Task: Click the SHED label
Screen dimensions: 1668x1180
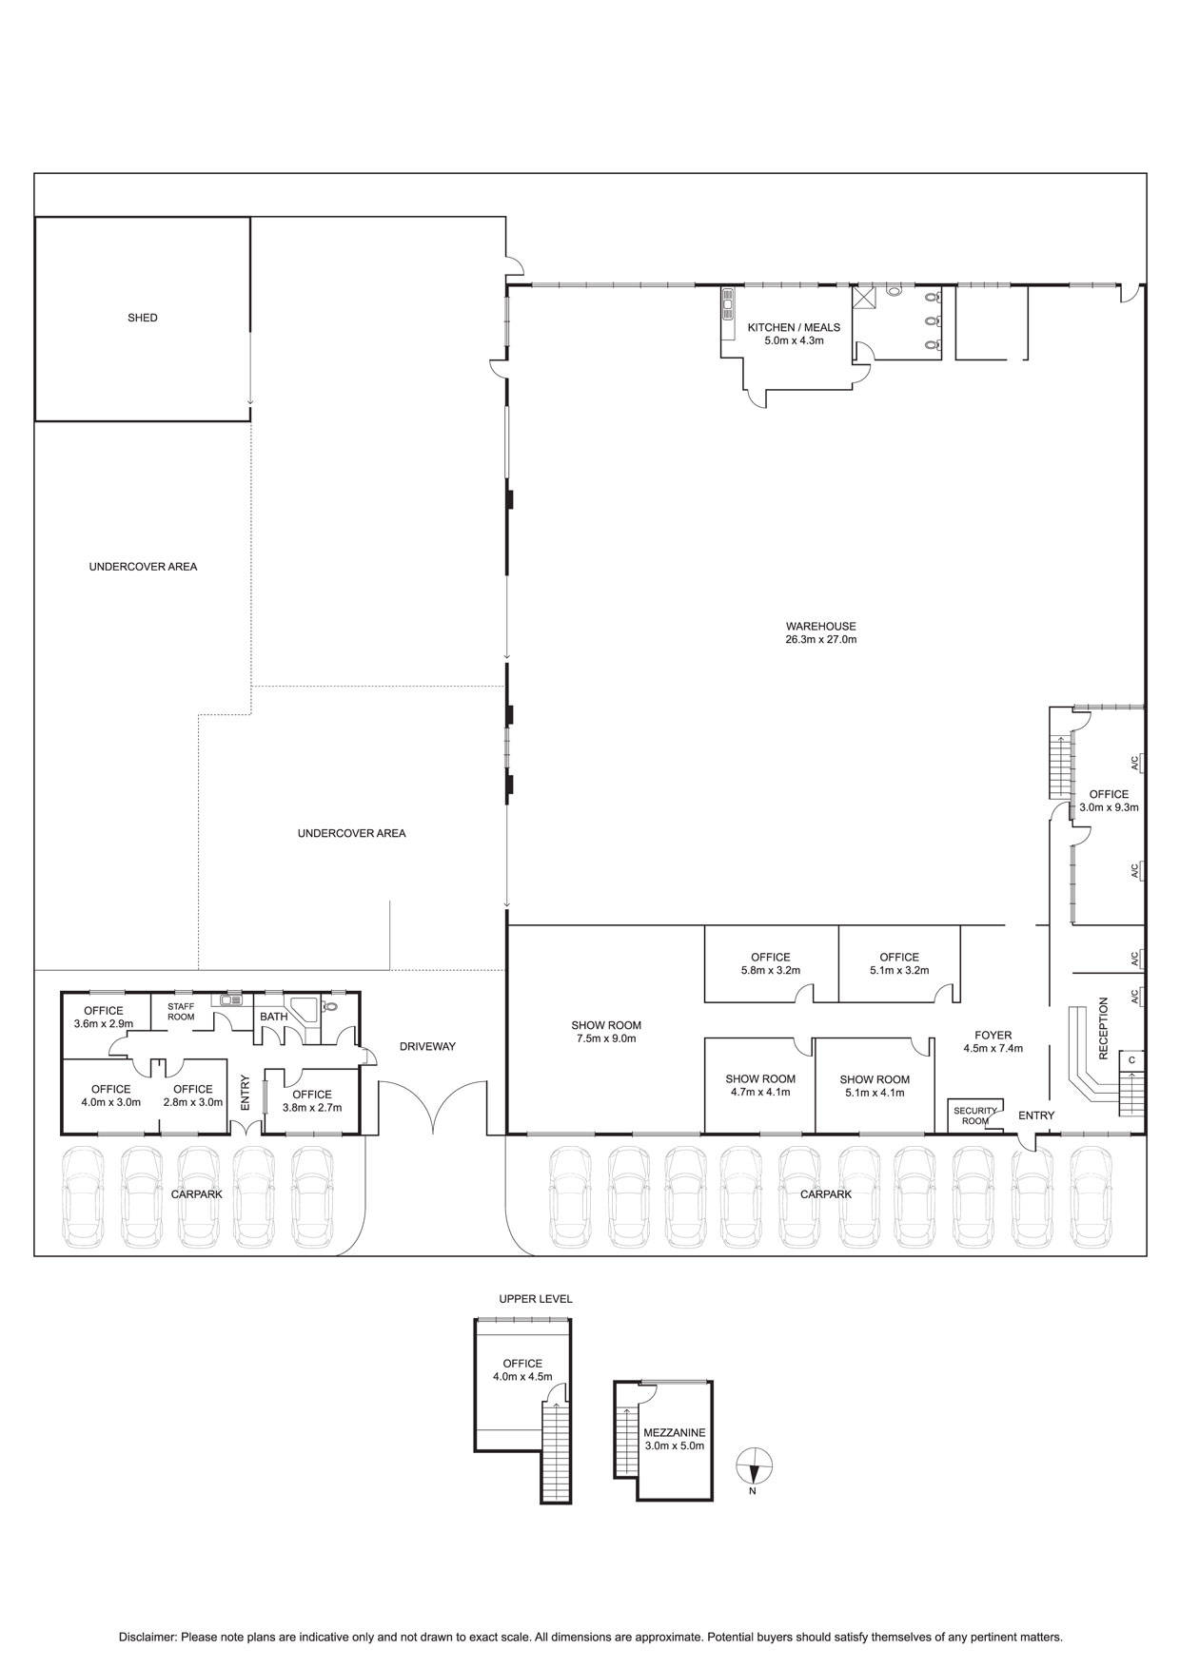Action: click(143, 318)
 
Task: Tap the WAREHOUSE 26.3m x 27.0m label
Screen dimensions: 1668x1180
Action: click(820, 633)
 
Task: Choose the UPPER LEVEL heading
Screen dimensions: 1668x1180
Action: click(536, 1299)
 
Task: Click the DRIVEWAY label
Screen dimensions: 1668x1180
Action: click(427, 1046)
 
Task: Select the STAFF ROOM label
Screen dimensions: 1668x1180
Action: click(181, 1011)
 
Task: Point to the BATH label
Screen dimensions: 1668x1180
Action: click(274, 1017)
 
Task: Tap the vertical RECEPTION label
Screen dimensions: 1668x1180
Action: click(1104, 1028)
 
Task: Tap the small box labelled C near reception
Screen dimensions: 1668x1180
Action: click(1131, 1059)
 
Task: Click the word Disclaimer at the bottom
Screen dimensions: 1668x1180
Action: click(147, 1638)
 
